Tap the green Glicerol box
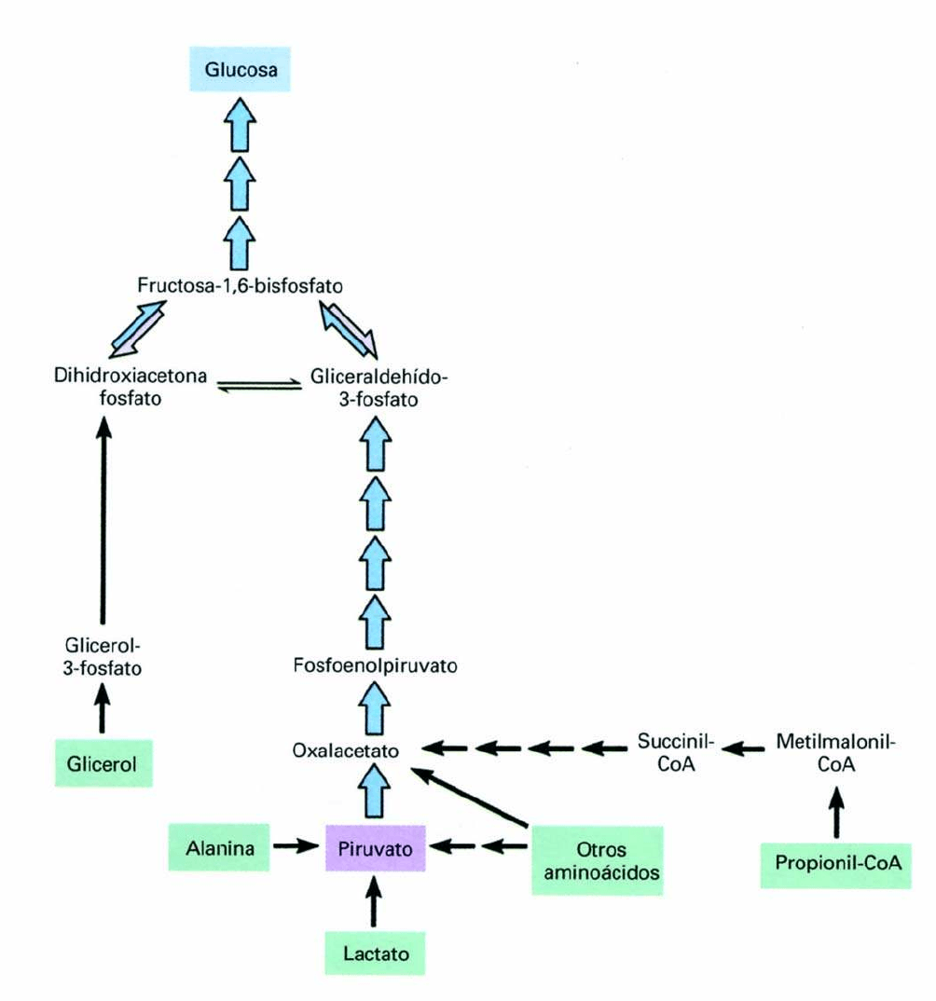(103, 764)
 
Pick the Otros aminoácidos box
(597, 861)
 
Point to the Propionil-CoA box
(835, 863)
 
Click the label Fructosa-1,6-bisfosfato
(241, 285)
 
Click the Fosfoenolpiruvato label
(374, 666)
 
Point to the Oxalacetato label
(346, 749)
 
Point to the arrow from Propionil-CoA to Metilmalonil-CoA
(835, 804)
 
